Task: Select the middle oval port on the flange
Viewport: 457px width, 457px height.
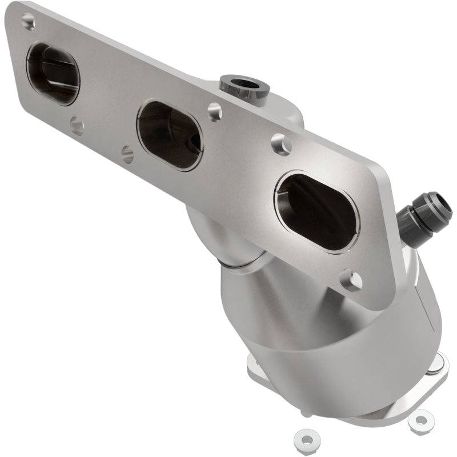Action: pyautogui.click(x=170, y=135)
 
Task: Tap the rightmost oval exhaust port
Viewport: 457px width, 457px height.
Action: pyautogui.click(x=317, y=211)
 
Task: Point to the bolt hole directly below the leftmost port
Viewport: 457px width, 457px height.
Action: pyautogui.click(x=77, y=125)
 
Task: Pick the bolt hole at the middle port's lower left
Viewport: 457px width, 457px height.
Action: pyautogui.click(x=128, y=153)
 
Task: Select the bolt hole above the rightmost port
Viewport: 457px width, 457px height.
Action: pyautogui.click(x=281, y=144)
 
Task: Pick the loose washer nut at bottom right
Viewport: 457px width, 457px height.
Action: pyautogui.click(x=420, y=420)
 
